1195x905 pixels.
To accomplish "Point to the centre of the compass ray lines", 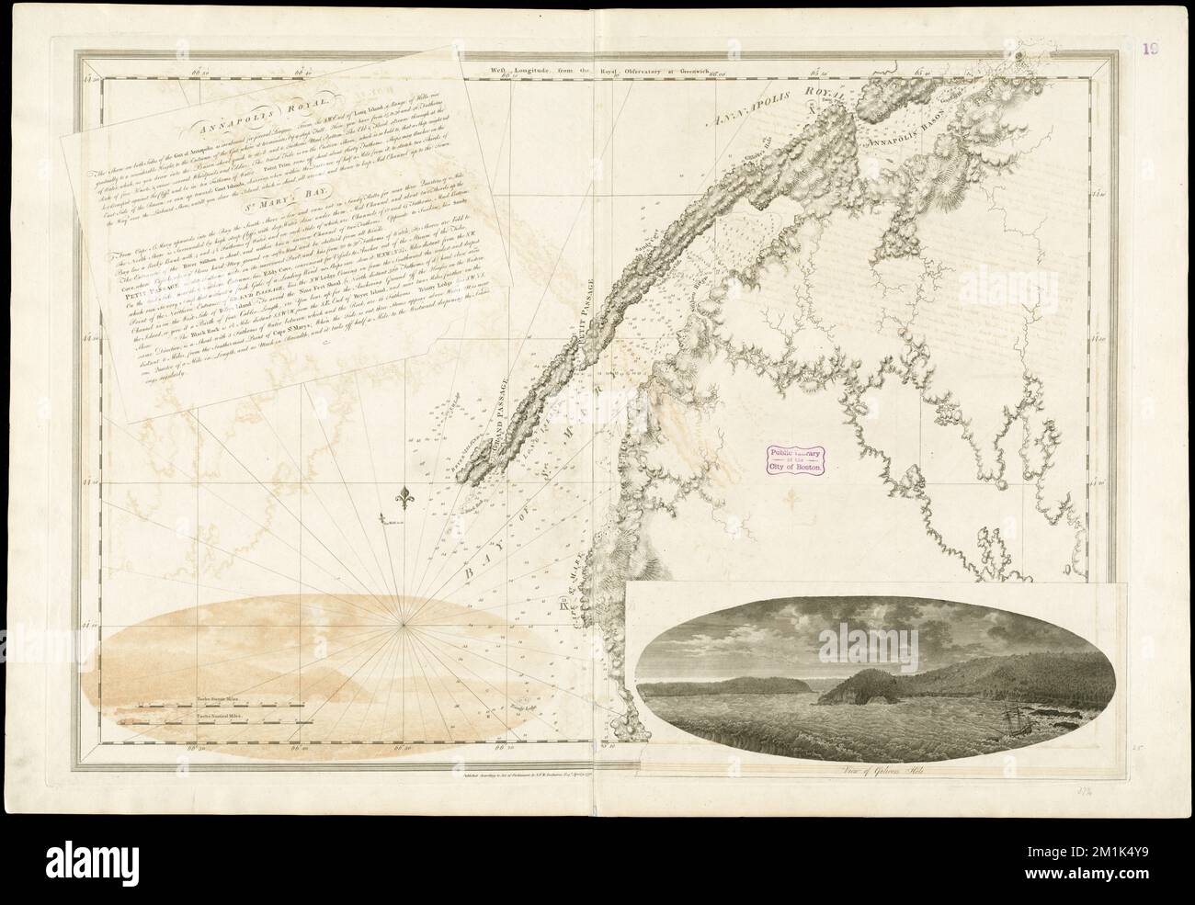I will [x=403, y=627].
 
